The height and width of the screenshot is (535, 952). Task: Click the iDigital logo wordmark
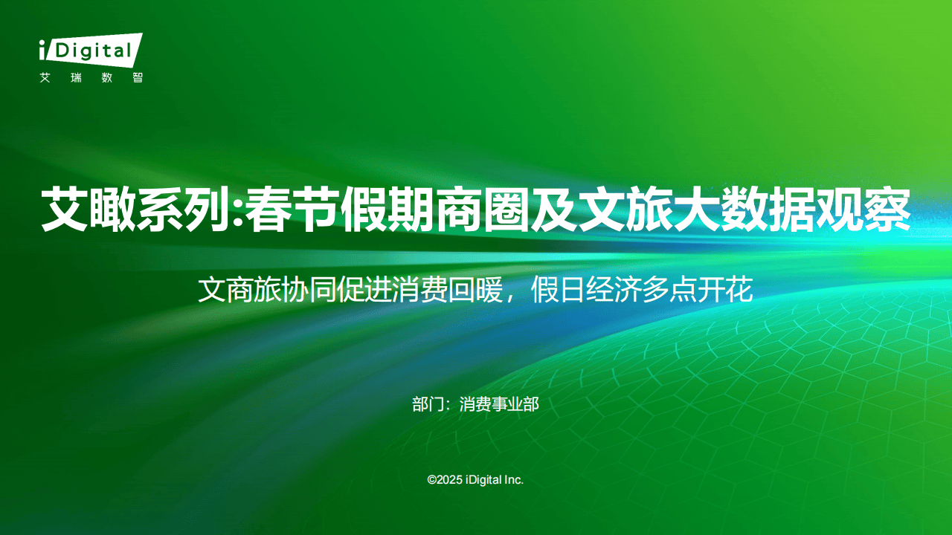91,50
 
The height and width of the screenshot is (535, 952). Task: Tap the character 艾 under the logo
45,78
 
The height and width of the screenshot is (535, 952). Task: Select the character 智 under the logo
138,78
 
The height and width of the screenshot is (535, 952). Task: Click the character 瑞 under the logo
76,78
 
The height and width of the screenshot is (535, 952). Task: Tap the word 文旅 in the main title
625,210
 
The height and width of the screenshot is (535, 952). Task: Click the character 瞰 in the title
112,210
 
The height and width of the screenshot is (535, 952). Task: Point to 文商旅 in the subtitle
239,290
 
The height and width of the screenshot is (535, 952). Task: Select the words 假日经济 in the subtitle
586,290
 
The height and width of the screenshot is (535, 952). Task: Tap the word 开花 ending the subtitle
725,290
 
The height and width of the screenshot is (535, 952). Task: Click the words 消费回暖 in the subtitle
448,290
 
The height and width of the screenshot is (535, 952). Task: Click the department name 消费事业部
499,404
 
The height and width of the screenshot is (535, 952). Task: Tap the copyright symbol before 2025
432,480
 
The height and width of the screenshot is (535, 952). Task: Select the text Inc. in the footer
514,480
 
